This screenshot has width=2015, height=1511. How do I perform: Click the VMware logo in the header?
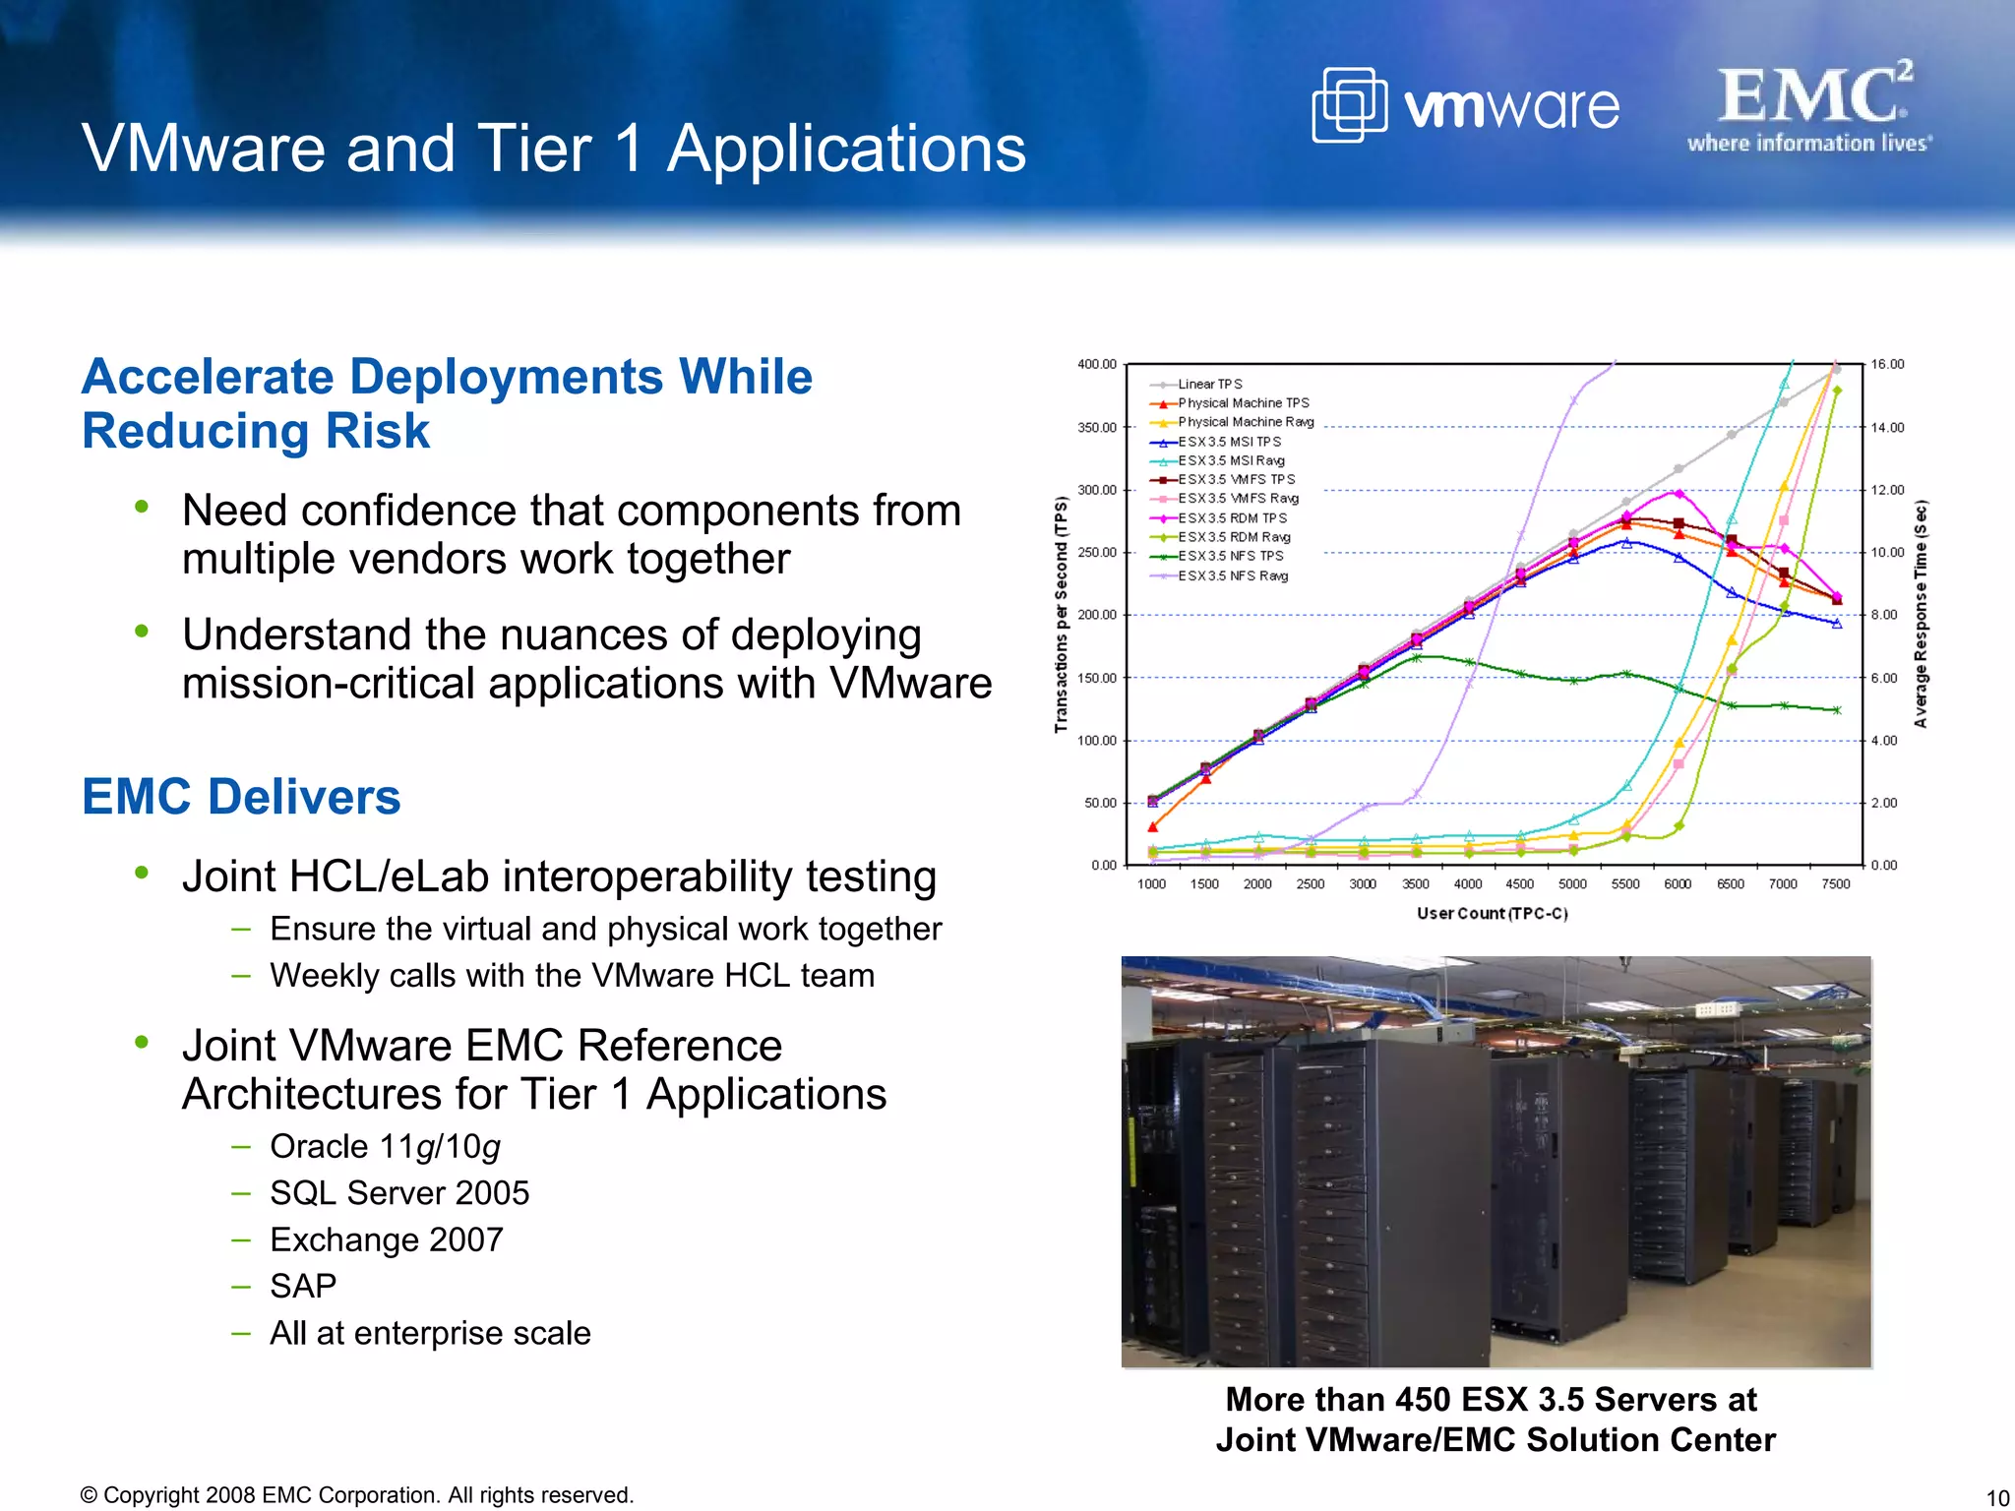(1465, 105)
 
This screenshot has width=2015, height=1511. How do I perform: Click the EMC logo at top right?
(1810, 105)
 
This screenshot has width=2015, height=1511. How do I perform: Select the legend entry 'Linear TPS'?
(1210, 384)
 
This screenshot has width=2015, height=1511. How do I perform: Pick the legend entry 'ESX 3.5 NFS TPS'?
(1230, 556)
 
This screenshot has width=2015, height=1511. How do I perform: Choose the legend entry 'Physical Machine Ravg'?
(1246, 422)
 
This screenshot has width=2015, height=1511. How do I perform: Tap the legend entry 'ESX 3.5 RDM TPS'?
(1232, 517)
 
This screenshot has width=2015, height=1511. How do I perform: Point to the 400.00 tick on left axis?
(1097, 364)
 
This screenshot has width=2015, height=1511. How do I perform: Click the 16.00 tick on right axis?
(1887, 364)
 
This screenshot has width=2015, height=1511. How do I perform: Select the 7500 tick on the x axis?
(1836, 883)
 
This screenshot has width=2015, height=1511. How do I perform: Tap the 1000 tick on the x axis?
(1152, 883)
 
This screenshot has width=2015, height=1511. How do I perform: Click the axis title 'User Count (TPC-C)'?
(1493, 913)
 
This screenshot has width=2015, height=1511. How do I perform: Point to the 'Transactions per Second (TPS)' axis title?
(1061, 615)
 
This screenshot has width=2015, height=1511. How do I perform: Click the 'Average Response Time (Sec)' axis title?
(1921, 615)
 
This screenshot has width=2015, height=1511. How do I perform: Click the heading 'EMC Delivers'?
(241, 797)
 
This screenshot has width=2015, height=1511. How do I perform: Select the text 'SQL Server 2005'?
(399, 1193)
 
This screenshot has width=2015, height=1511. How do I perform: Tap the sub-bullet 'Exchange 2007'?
(387, 1239)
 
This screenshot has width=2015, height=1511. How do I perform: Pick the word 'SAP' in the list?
(303, 1286)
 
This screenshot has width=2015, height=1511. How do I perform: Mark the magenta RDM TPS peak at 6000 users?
(1679, 493)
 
